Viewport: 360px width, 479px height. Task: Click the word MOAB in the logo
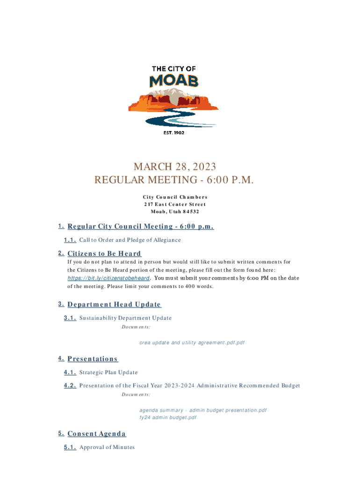173,81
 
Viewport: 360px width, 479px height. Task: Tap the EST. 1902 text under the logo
173,133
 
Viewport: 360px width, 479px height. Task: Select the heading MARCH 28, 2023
175,167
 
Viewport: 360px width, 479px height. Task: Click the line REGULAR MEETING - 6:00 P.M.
174,180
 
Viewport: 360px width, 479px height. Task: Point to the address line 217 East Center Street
175,204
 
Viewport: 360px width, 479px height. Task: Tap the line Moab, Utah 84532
175,211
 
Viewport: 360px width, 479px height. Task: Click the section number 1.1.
70,240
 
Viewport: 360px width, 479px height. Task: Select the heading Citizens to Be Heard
104,254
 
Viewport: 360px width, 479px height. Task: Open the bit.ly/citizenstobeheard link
108,278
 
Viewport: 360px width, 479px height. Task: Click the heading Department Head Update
114,305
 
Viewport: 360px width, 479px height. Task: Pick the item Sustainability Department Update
125,318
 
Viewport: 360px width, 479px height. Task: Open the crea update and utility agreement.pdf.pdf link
192,343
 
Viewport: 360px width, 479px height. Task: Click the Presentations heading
93,359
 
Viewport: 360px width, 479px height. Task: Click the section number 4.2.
70,385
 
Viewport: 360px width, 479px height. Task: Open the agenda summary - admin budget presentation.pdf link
203,410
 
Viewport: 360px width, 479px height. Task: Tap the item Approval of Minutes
107,447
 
